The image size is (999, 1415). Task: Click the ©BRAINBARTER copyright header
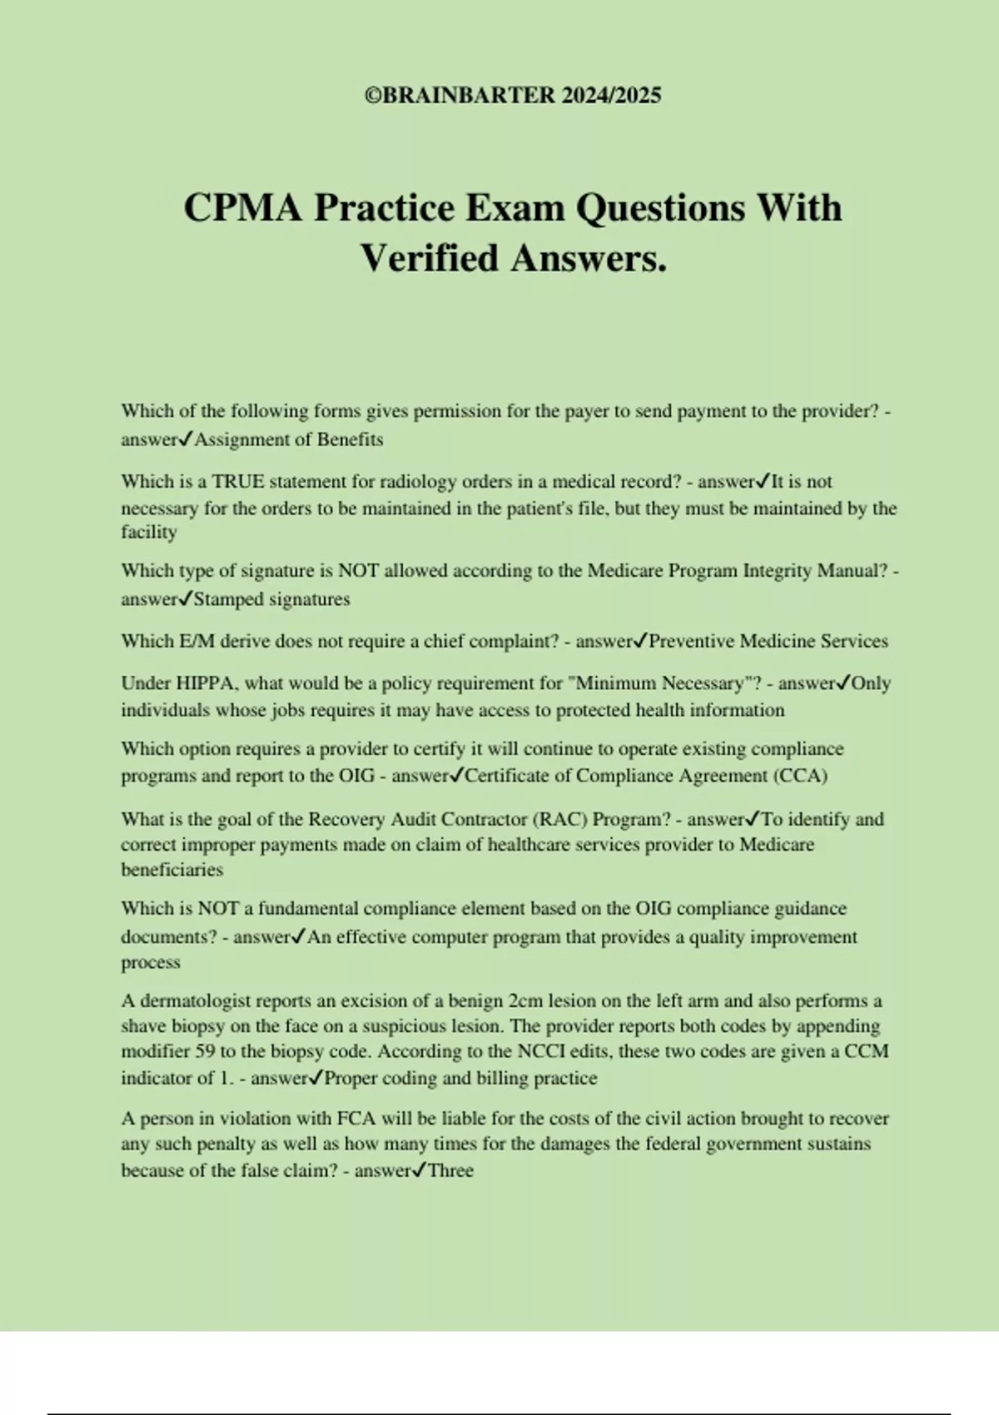513,96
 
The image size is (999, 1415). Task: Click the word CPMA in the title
242,208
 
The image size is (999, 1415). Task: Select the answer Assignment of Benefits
288,439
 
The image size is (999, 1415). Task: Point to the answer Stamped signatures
271,599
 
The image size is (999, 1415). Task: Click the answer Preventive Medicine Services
768,642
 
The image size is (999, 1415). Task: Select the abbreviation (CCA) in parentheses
800,776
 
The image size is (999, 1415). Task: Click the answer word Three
450,1171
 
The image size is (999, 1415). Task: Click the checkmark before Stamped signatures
186,598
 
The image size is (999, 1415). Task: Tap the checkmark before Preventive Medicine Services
641,641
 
